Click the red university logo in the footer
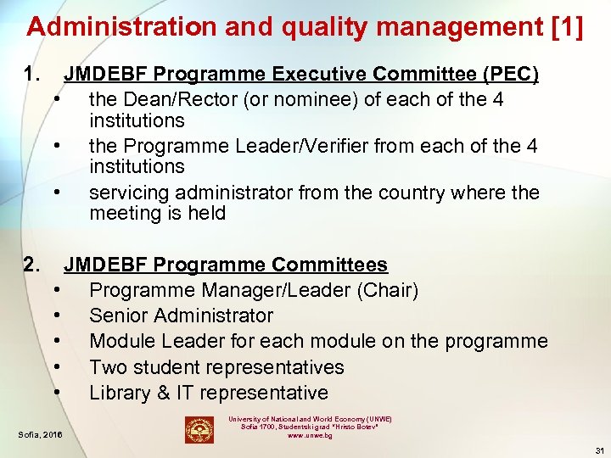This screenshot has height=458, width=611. (x=199, y=430)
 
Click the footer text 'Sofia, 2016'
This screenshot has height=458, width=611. (x=41, y=436)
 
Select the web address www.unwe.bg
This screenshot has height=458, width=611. (x=309, y=436)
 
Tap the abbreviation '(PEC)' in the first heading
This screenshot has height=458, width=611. (x=510, y=75)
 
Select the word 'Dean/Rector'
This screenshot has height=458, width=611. (x=180, y=100)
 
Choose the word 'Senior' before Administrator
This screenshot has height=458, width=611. (x=118, y=316)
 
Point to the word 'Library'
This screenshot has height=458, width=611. (x=120, y=393)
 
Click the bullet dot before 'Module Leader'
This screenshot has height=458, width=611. (x=55, y=341)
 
